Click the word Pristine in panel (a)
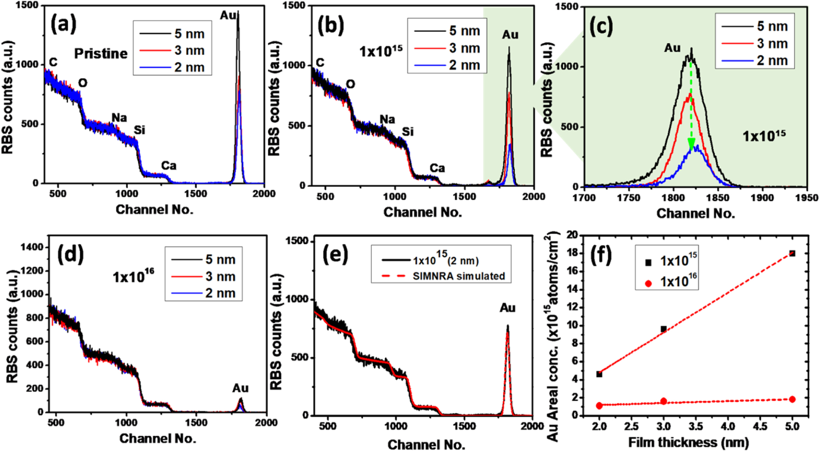101,53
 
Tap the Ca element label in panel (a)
168,165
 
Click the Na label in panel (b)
387,119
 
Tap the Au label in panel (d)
240,388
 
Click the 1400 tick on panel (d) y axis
33,247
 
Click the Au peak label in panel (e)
507,308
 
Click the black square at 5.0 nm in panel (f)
792,253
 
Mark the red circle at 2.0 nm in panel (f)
599,405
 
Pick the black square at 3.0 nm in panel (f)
664,329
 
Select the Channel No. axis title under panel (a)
154,209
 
